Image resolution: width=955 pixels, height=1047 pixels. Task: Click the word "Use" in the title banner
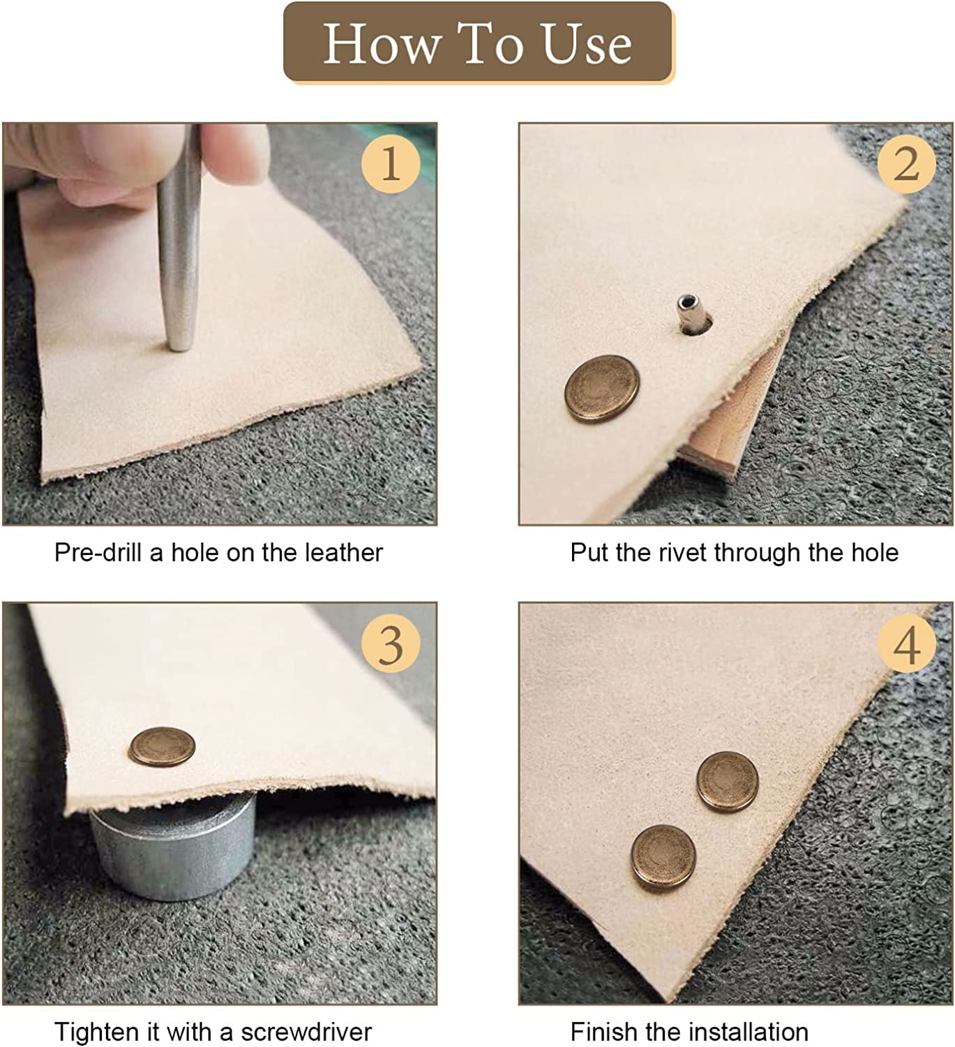click(x=587, y=44)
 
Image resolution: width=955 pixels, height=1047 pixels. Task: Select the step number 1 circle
click(x=391, y=163)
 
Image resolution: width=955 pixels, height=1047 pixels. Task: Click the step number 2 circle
click(x=906, y=163)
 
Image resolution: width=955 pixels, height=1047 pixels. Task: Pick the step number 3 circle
click(x=391, y=644)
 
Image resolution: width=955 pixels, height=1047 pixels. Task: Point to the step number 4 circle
click(x=906, y=644)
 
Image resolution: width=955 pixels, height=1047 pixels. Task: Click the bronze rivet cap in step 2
click(x=602, y=388)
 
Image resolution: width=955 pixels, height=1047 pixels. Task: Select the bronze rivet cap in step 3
click(x=163, y=746)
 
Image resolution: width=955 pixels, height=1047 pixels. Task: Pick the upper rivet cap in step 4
click(x=728, y=782)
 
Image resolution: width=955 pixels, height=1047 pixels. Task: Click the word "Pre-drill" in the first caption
click(x=98, y=553)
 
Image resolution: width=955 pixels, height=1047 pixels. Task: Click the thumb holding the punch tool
click(x=235, y=151)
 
